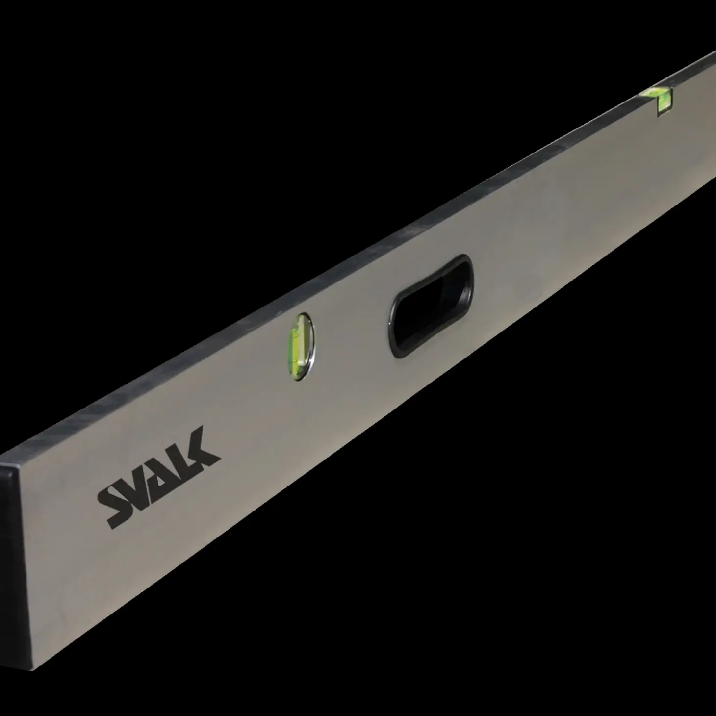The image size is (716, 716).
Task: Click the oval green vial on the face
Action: click(301, 346)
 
